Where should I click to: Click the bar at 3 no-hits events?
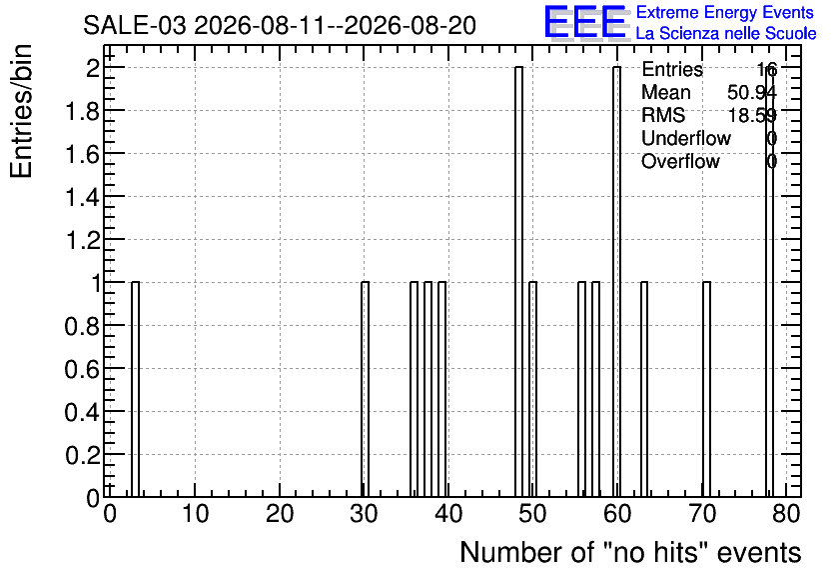click(x=135, y=389)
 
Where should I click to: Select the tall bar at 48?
click(x=518, y=282)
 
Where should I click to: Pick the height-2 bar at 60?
click(x=616, y=282)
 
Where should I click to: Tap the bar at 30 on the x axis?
click(x=365, y=389)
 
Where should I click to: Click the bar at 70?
click(x=707, y=389)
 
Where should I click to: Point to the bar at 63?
click(x=644, y=389)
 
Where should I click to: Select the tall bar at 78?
click(x=770, y=282)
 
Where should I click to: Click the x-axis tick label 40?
click(x=448, y=514)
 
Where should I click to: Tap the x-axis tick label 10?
click(x=195, y=514)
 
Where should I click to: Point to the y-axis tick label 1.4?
click(x=82, y=197)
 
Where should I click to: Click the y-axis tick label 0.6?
click(x=82, y=369)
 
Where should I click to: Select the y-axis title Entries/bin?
click(x=22, y=111)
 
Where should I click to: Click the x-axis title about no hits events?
click(x=630, y=552)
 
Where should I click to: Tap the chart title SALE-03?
click(x=135, y=26)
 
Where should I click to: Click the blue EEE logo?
click(x=585, y=22)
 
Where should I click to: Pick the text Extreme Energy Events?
click(x=725, y=12)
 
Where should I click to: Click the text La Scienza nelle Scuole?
click(x=726, y=34)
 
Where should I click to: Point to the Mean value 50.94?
click(x=752, y=92)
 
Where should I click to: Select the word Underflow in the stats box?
click(x=686, y=138)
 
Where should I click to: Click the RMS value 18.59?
click(x=752, y=115)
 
